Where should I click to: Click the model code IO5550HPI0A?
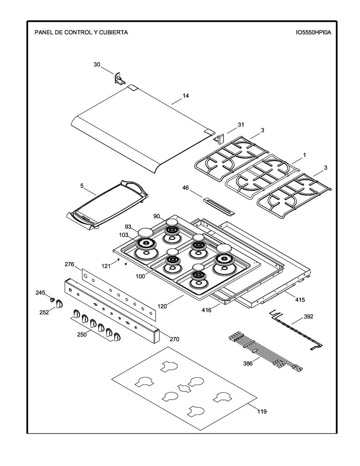click(x=313, y=32)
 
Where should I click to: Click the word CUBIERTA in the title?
click(x=113, y=32)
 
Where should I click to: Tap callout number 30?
click(x=97, y=65)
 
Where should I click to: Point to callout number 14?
click(x=186, y=96)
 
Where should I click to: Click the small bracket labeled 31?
click(x=219, y=139)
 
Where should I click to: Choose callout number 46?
click(x=186, y=188)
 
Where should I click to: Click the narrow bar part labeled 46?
click(x=219, y=206)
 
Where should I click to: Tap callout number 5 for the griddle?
click(x=82, y=186)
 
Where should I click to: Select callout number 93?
click(x=128, y=227)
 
